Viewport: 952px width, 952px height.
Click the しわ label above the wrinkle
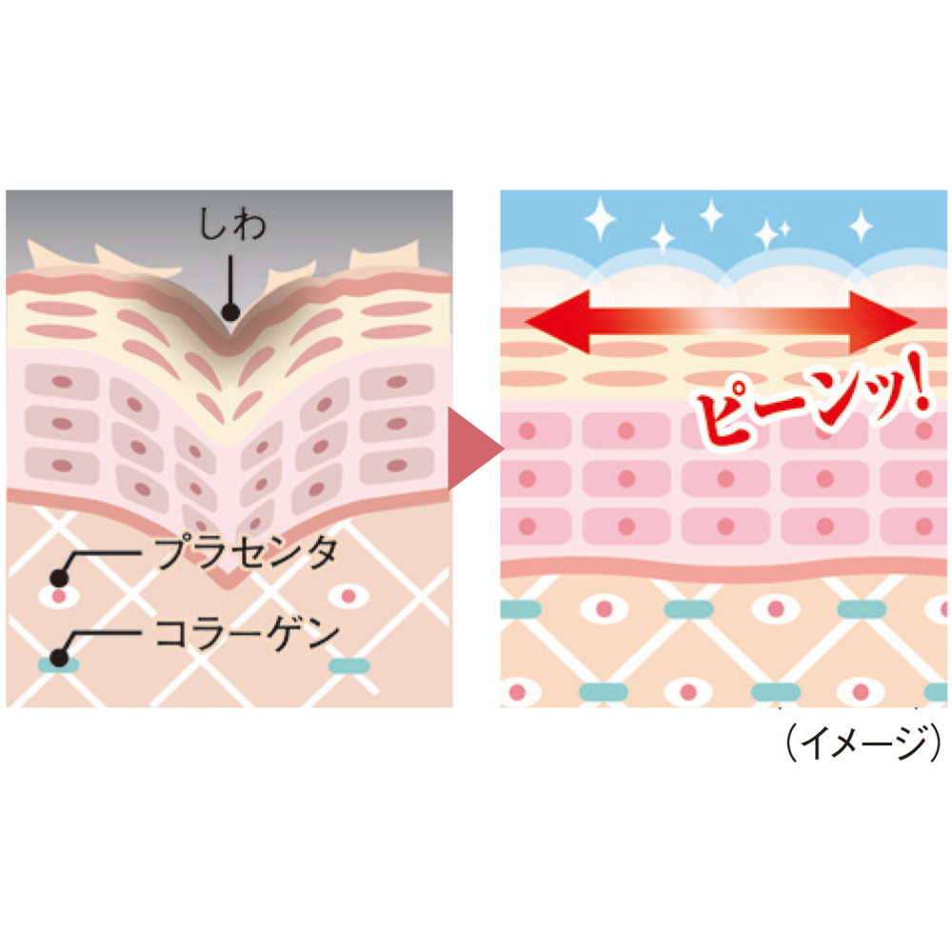click(232, 224)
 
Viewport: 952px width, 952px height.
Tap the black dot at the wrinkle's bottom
click(230, 312)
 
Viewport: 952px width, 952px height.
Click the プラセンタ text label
click(247, 552)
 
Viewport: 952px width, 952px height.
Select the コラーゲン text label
click(247, 632)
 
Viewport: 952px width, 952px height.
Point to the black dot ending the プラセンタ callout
click(59, 578)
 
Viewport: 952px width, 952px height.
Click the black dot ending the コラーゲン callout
click(59, 658)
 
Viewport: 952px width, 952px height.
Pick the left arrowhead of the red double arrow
click(557, 322)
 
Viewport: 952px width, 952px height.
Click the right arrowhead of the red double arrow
click(883, 322)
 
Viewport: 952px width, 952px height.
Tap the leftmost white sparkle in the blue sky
click(600, 218)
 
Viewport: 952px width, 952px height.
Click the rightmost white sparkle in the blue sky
click(861, 226)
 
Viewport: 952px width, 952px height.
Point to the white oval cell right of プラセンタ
click(348, 596)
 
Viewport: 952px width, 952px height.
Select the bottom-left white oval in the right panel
click(518, 691)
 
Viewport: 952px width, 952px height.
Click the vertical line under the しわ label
click(230, 279)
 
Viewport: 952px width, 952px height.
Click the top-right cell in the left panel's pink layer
click(397, 382)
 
